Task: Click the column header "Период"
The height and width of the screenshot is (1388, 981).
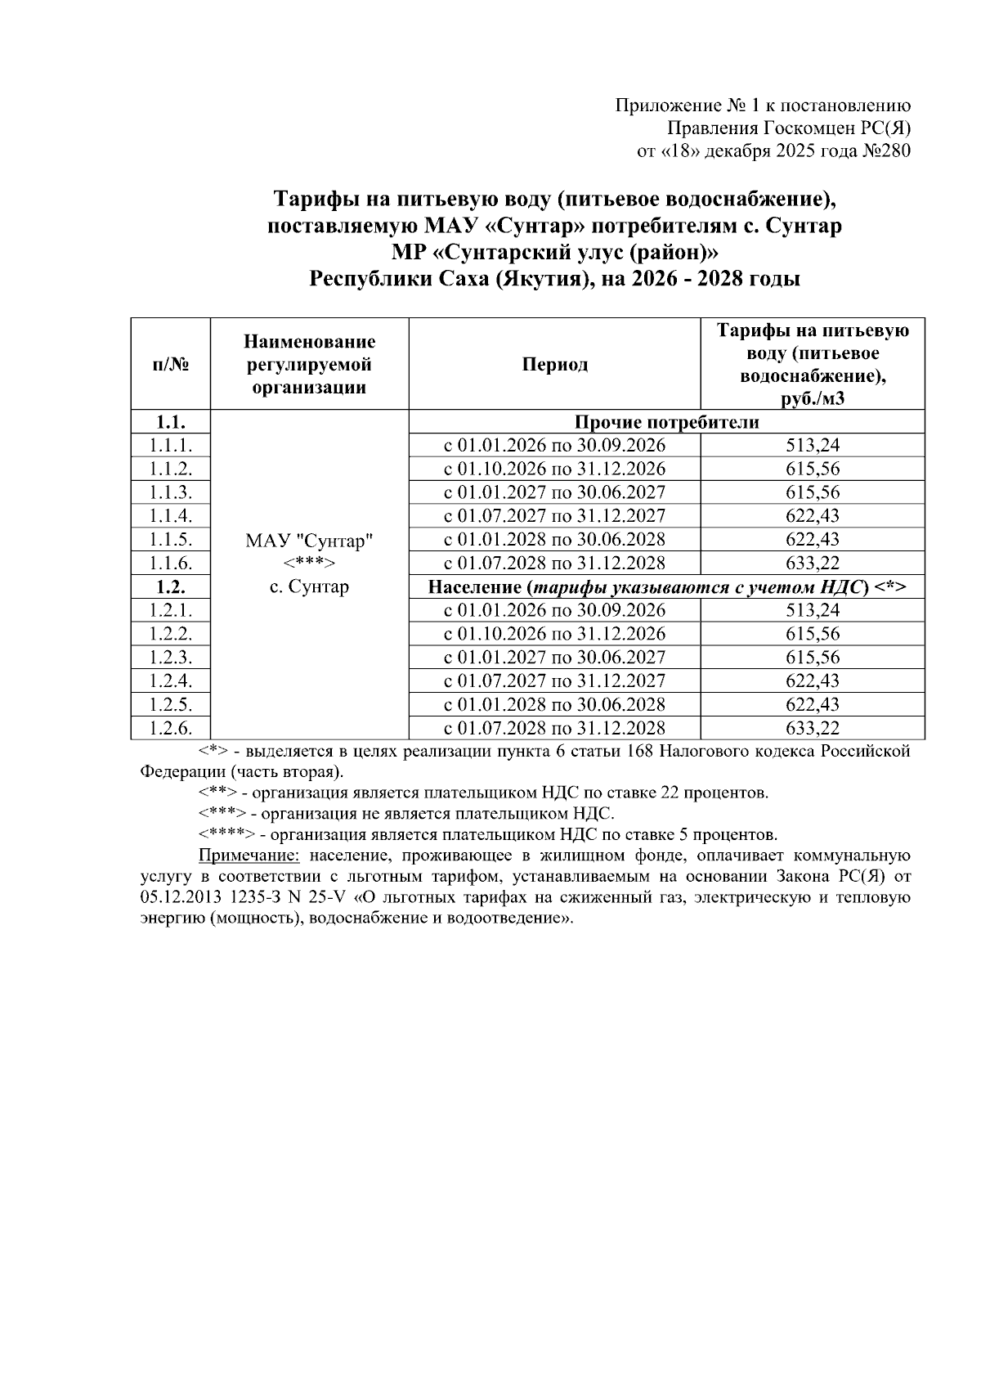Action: (554, 364)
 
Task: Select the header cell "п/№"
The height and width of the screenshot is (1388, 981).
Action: (171, 364)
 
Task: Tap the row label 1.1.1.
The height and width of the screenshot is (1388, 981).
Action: (171, 446)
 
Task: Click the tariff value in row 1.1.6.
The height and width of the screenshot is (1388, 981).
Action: (812, 563)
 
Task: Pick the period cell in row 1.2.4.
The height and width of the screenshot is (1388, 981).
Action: (554, 681)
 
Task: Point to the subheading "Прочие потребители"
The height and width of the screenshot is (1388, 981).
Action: (666, 422)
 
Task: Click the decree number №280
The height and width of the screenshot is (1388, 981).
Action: (886, 151)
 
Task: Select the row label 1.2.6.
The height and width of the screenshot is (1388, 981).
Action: (171, 728)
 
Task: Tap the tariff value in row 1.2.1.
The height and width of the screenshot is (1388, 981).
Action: (812, 610)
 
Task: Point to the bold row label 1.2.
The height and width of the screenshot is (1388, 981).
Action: (171, 586)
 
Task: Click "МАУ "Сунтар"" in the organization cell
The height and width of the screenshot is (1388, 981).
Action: (309, 541)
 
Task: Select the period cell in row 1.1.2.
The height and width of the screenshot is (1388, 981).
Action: (554, 469)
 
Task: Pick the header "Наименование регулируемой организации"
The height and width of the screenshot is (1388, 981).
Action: (309, 364)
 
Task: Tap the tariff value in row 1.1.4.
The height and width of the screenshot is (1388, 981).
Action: (812, 516)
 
